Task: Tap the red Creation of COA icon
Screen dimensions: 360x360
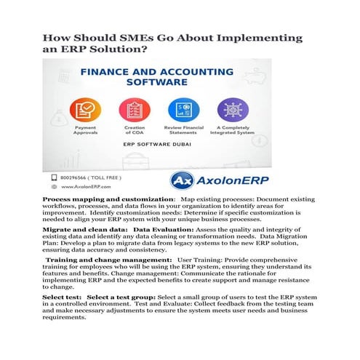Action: [x=135, y=111]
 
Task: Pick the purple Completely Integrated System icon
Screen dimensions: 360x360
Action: [x=233, y=111]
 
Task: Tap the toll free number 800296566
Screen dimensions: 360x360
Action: [x=72, y=177]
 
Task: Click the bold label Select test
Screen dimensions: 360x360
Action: [x=61, y=297]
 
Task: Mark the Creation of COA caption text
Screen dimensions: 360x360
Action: [x=135, y=130]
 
